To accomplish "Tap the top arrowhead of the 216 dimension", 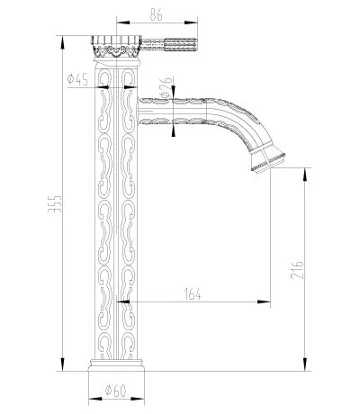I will point(307,168).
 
